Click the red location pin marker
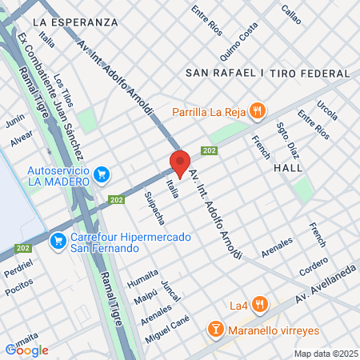click(180, 163)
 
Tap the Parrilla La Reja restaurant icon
click(257, 110)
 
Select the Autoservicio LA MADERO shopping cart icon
click(101, 174)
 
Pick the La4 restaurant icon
click(259, 304)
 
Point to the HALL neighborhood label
click(288, 168)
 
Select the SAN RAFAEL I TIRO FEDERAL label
click(266, 72)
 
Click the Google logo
click(26, 350)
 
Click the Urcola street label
click(326, 106)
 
